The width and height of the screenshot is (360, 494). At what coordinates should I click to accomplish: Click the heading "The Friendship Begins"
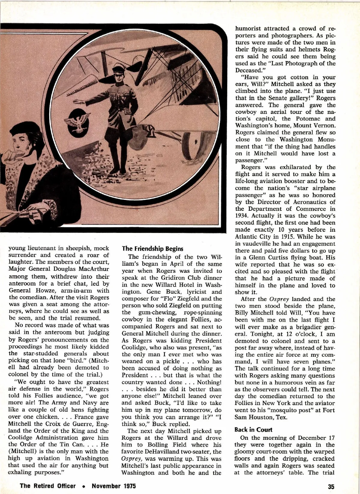point(152,248)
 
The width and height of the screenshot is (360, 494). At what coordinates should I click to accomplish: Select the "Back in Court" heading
point(253,429)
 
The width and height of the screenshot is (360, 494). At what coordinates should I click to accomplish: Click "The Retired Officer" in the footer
point(48,486)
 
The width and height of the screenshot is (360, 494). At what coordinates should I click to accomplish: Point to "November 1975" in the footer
point(114,486)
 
